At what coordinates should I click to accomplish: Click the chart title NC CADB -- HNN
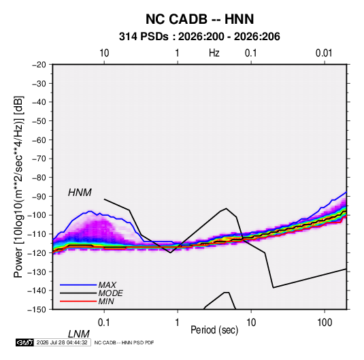(199, 19)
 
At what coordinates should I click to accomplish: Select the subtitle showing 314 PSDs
(199, 37)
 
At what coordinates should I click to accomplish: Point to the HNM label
(80, 193)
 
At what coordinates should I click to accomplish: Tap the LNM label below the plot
(79, 334)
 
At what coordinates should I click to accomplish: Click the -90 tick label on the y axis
(39, 196)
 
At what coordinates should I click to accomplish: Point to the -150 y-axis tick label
(37, 310)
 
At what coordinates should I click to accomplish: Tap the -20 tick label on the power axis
(39, 65)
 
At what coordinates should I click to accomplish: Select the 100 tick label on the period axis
(325, 323)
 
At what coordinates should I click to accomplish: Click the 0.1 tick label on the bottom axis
(104, 323)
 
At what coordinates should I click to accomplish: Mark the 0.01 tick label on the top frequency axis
(324, 53)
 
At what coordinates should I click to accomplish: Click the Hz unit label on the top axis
(214, 53)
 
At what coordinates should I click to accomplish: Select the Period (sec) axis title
(214, 330)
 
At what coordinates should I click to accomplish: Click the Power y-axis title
(18, 187)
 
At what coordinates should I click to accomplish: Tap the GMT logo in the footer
(24, 342)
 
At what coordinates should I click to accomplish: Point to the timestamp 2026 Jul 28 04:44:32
(62, 342)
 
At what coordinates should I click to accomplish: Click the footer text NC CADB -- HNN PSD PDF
(124, 342)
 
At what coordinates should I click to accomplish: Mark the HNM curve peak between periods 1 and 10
(226, 208)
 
